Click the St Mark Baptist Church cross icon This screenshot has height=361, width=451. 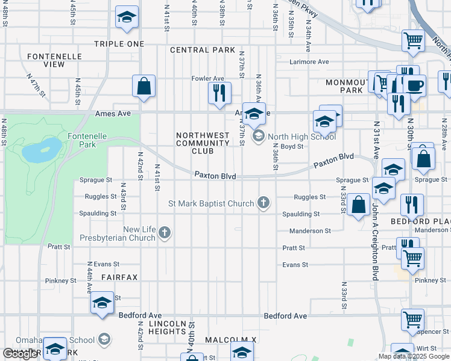coord(263,203)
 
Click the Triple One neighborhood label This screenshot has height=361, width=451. coord(119,44)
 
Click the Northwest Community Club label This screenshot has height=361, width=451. coord(203,143)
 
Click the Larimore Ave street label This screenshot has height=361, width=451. coord(309,61)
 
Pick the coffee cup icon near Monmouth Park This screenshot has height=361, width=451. coord(414,85)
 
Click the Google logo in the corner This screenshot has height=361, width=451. coord(20,354)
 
